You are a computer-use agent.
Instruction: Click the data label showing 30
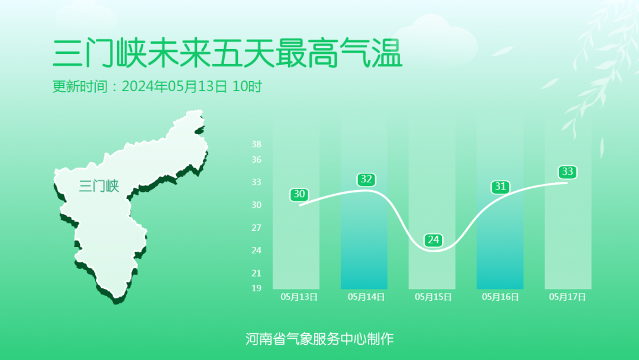[299, 194]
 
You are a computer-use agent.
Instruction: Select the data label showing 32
[367, 179]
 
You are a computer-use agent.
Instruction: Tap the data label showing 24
[433, 240]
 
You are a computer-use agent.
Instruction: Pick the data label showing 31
[501, 187]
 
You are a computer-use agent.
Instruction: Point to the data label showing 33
[567, 172]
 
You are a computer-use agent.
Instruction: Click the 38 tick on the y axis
[256, 144]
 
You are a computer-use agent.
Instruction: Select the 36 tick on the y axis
[256, 159]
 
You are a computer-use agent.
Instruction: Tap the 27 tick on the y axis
[256, 227]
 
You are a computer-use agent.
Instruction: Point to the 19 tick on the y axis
[256, 288]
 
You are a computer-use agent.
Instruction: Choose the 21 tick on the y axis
[256, 273]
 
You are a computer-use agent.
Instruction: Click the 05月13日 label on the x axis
[299, 297]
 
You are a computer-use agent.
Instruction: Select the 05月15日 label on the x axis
[433, 297]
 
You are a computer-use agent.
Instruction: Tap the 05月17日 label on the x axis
[567, 297]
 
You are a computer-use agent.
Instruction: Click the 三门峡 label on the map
[99, 186]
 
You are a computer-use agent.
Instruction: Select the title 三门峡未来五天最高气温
[227, 54]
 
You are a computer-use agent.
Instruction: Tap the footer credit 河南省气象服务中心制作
[319, 339]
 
